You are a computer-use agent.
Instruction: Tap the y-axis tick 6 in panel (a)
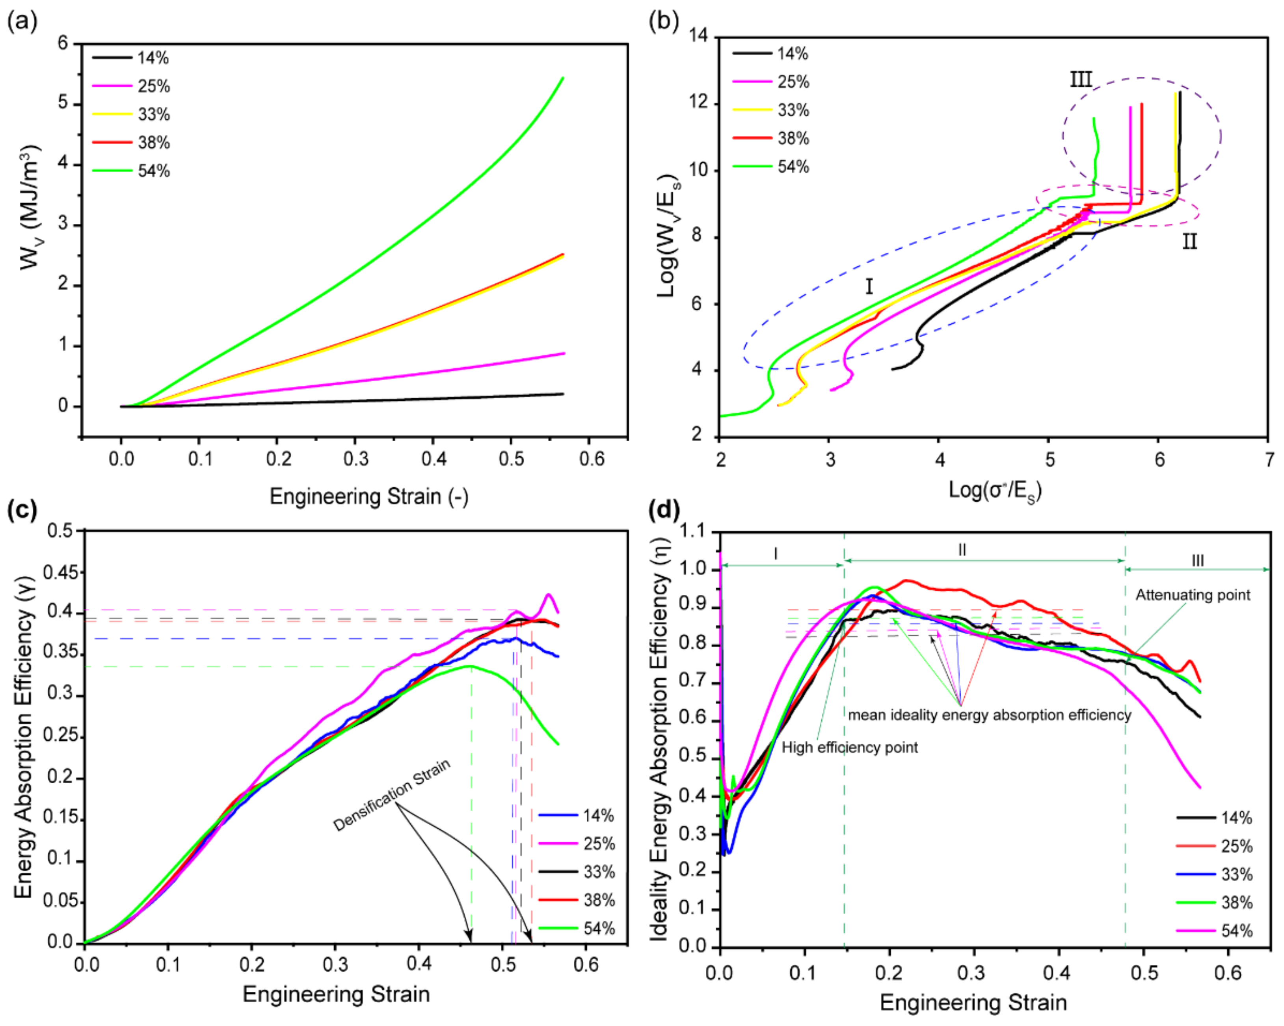(63, 43)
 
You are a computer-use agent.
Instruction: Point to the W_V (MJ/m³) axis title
(30, 208)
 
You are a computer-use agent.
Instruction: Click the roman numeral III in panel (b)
(1081, 79)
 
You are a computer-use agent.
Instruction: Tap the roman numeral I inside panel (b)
(869, 287)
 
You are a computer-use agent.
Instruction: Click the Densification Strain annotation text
(391, 795)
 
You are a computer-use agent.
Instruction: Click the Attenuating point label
(1192, 595)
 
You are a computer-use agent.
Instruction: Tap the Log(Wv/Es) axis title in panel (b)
(668, 235)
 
